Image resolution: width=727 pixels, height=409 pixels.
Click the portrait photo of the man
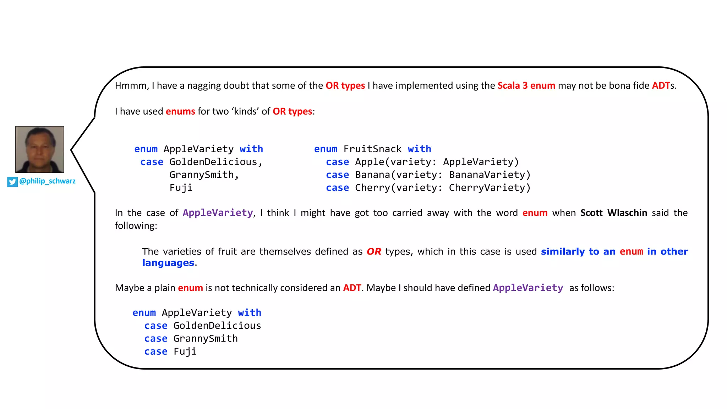40,149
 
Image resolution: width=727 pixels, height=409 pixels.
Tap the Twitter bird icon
12,182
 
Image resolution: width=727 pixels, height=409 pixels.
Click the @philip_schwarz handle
47,181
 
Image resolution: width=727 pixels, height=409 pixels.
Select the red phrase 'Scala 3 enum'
526,86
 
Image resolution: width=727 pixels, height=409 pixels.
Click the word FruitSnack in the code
372,149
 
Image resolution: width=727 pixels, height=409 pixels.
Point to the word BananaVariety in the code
490,175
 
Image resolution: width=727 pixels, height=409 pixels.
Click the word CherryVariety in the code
490,188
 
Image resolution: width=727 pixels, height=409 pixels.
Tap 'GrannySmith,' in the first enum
204,175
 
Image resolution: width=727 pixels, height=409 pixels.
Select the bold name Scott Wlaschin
613,213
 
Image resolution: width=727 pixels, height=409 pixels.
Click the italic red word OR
374,252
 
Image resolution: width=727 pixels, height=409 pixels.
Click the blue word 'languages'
168,263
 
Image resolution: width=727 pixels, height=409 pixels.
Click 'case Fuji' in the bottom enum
170,352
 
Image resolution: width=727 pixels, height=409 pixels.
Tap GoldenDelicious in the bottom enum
217,326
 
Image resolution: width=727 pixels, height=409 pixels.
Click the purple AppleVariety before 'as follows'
528,288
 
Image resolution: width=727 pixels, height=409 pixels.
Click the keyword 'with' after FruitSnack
419,149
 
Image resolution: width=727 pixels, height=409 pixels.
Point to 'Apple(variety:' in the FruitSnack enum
395,162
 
